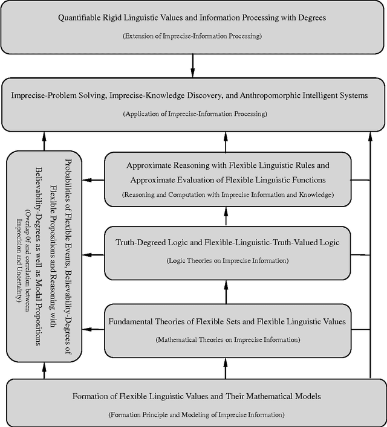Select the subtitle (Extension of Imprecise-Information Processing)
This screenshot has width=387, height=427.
(x=192, y=36)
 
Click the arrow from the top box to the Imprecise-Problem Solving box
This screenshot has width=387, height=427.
(x=192, y=63)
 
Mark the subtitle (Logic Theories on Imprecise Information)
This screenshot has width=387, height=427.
(x=227, y=260)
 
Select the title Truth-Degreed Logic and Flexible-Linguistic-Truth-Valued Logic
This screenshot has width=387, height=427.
(x=227, y=242)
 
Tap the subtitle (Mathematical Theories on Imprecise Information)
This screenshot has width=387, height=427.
(x=227, y=339)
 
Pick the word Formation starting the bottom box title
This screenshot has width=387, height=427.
(x=91, y=396)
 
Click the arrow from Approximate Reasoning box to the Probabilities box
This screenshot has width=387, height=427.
(x=94, y=180)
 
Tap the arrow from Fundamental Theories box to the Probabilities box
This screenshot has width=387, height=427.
(x=94, y=329)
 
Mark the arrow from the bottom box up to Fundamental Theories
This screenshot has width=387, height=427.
(x=227, y=368)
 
